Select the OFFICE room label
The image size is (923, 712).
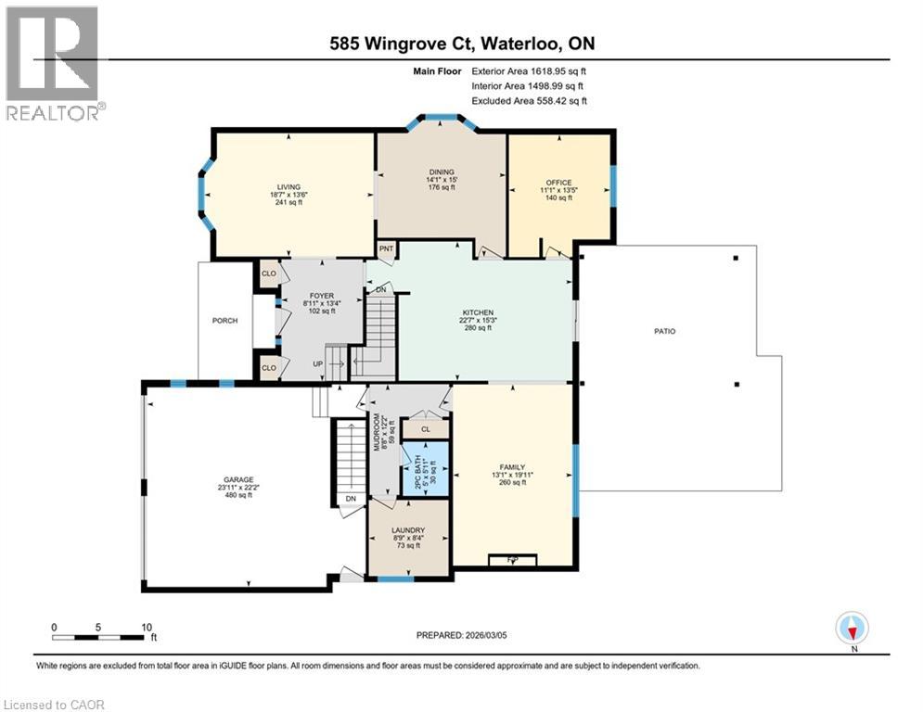coord(558,183)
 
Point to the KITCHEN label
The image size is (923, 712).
coord(478,313)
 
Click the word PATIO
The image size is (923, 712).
coord(662,330)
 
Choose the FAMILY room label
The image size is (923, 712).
coord(512,467)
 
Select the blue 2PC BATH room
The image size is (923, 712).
coord(425,467)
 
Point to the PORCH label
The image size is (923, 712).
coord(224,321)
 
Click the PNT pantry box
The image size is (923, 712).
coord(387,249)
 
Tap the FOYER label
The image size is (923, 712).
coord(321,296)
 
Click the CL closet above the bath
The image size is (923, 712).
coord(425,429)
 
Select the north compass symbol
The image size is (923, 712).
coord(851,629)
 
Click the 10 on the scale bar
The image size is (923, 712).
coord(146,627)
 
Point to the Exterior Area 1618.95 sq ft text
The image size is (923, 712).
coord(530,70)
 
